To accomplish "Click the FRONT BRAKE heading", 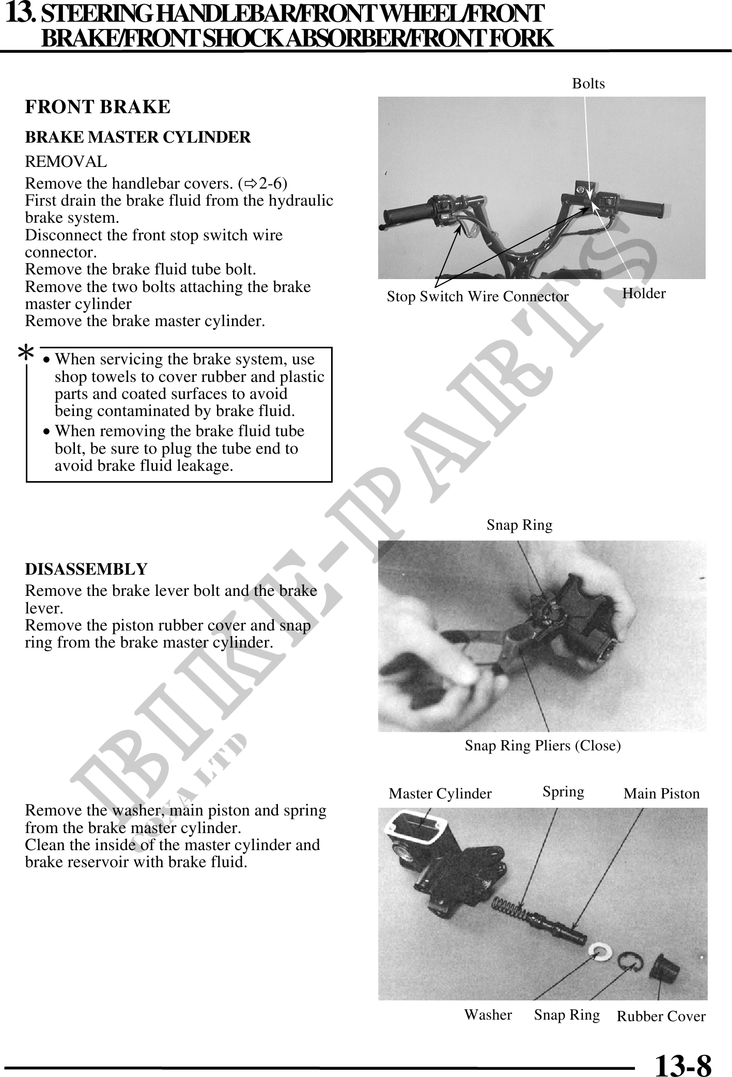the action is click(x=98, y=107).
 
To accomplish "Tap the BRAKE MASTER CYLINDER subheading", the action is click(x=138, y=137).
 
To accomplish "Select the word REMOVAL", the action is click(x=66, y=162).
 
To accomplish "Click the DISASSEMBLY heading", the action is click(x=86, y=569).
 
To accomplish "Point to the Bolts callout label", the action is click(x=588, y=84).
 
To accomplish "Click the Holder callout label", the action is click(x=644, y=294).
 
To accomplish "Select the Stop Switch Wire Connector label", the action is click(x=477, y=297).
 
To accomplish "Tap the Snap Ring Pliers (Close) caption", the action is click(x=542, y=746).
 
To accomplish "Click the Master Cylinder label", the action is click(x=440, y=793).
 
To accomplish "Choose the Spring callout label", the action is click(x=563, y=792).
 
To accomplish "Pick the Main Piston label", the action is click(x=661, y=793).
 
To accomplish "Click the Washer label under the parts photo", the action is click(x=488, y=1014).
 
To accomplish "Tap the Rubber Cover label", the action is click(x=661, y=1016).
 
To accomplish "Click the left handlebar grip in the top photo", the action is click(x=408, y=212).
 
